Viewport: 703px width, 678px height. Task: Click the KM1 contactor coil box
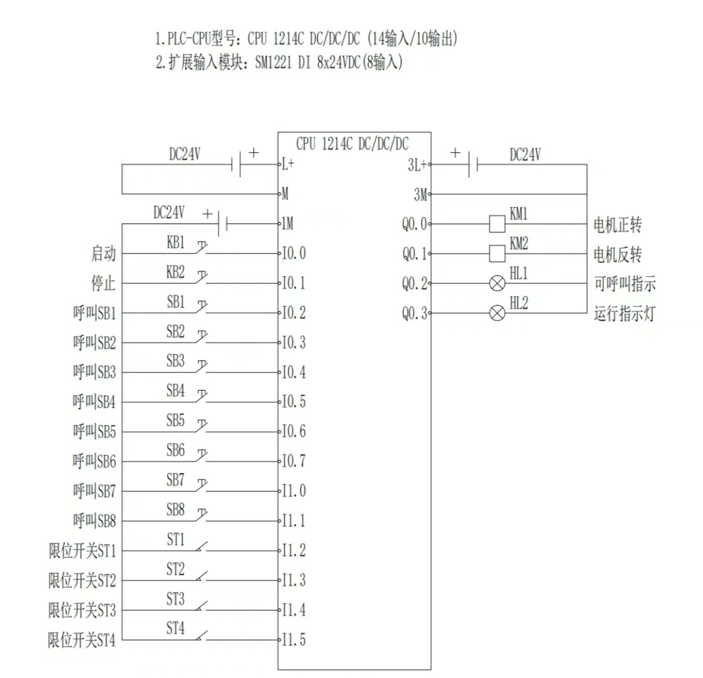coord(497,224)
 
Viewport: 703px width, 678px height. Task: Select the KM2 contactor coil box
coord(497,253)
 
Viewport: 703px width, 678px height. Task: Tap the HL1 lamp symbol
coord(497,284)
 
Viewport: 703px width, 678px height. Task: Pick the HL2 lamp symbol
coord(497,313)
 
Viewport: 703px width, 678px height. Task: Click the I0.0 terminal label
coord(293,253)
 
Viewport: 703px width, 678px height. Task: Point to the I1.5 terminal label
coord(293,640)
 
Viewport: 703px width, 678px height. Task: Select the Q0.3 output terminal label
coord(414,313)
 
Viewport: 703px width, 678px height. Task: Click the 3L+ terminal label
coord(417,165)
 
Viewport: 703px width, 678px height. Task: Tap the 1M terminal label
coord(287,223)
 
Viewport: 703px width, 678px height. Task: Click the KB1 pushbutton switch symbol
coord(201,249)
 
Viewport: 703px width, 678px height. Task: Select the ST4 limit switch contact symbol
coord(201,636)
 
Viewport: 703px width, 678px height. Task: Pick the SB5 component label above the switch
coord(175,421)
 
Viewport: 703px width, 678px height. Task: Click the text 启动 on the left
coord(103,253)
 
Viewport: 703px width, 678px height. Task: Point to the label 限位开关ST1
coord(82,551)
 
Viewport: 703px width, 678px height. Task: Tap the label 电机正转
coord(617,225)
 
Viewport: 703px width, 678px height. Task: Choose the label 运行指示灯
coord(624,313)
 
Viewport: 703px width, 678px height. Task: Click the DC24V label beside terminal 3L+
coord(525,155)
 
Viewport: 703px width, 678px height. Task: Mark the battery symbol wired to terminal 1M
coord(222,223)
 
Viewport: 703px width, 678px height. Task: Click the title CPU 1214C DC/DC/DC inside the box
coord(352,144)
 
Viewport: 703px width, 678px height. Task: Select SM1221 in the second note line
coord(273,62)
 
